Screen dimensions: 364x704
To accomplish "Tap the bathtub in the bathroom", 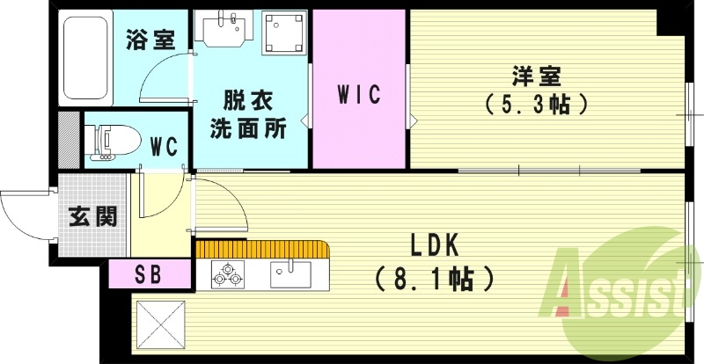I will pyautogui.click(x=86, y=57).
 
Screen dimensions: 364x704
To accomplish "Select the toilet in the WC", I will pyautogui.click(x=109, y=142).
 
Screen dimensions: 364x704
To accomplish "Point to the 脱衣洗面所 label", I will pyautogui.click(x=248, y=113).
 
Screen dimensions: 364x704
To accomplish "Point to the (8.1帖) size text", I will pyautogui.click(x=433, y=280).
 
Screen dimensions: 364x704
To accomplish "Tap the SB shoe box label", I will pyautogui.click(x=149, y=273).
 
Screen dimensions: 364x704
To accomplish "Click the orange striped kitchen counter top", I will pyautogui.click(x=263, y=249).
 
